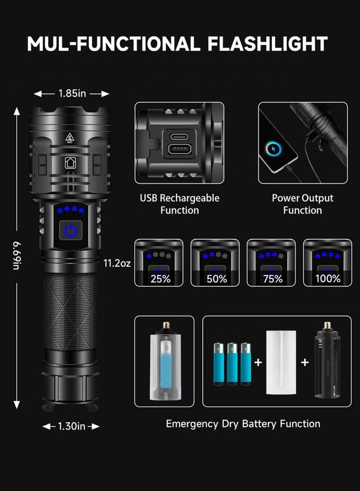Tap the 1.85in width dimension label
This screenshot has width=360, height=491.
[x=72, y=94]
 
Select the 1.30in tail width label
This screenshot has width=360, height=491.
[x=71, y=426]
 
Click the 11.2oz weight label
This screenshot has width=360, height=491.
[x=117, y=263]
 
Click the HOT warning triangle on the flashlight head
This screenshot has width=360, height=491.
[x=69, y=137]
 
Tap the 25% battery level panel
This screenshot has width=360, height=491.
[x=159, y=263]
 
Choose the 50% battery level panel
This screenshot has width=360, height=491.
[x=215, y=263]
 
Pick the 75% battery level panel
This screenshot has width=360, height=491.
[x=271, y=263]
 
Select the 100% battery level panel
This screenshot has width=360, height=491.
[x=327, y=263]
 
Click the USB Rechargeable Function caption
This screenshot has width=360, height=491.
[x=180, y=204]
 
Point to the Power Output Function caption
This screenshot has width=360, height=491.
[x=302, y=204]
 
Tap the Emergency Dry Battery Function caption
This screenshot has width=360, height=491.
[x=243, y=423]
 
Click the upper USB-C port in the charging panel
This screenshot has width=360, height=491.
[x=180, y=135]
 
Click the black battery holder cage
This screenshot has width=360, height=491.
[x=327, y=362]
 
